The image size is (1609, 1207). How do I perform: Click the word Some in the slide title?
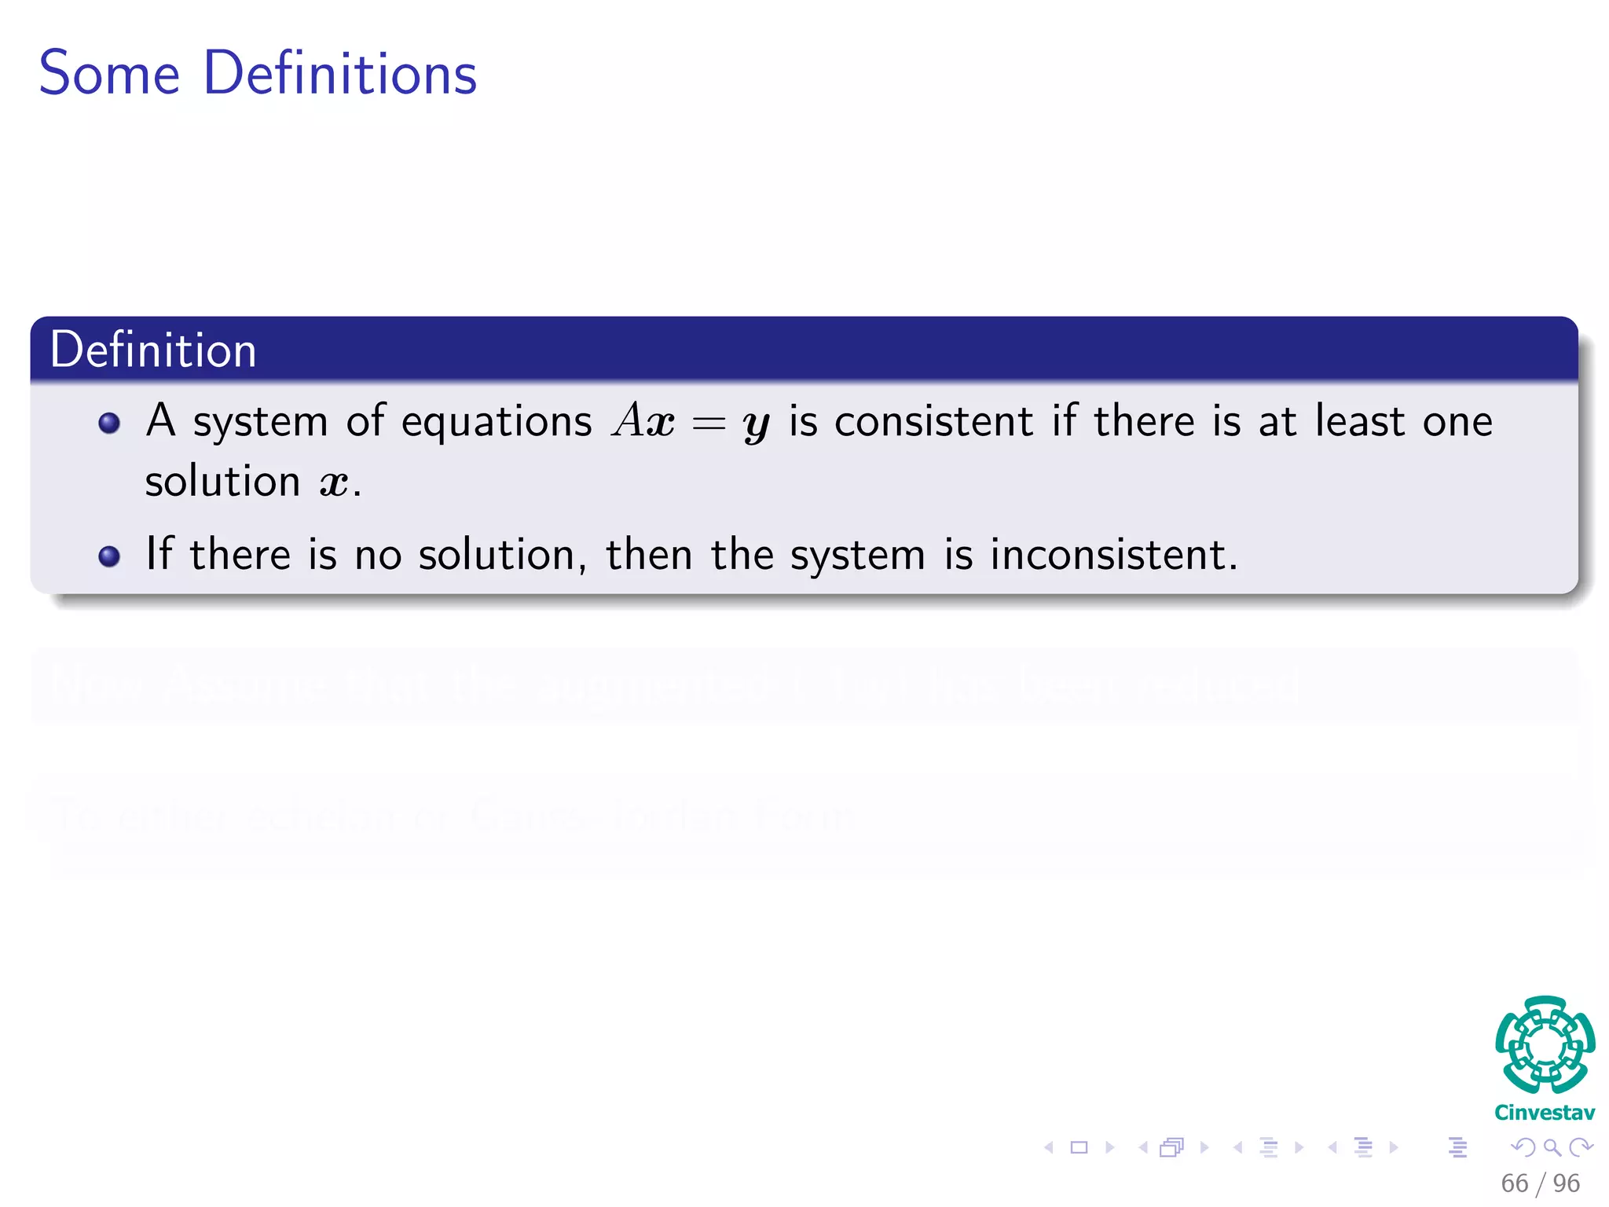[109, 74]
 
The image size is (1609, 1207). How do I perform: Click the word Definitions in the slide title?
[339, 74]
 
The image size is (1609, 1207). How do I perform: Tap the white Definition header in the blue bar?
[153, 350]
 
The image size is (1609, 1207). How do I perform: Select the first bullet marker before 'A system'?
[109, 424]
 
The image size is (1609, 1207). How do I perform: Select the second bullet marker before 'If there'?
[109, 556]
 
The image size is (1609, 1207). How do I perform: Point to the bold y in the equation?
[756, 425]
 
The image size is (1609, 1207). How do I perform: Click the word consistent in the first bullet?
[933, 422]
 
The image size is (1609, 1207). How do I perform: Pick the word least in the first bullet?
[1360, 421]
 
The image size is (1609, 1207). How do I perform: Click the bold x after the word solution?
[334, 482]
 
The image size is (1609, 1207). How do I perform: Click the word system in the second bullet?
[857, 556]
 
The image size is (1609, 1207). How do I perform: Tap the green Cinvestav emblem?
[1545, 1045]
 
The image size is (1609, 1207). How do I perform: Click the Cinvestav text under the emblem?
[1545, 1113]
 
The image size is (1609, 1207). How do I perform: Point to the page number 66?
[1514, 1183]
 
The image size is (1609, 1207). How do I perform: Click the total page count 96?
[1566, 1183]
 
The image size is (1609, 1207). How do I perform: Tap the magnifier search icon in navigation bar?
[1552, 1148]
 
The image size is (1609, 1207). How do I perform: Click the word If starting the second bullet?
[159, 553]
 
